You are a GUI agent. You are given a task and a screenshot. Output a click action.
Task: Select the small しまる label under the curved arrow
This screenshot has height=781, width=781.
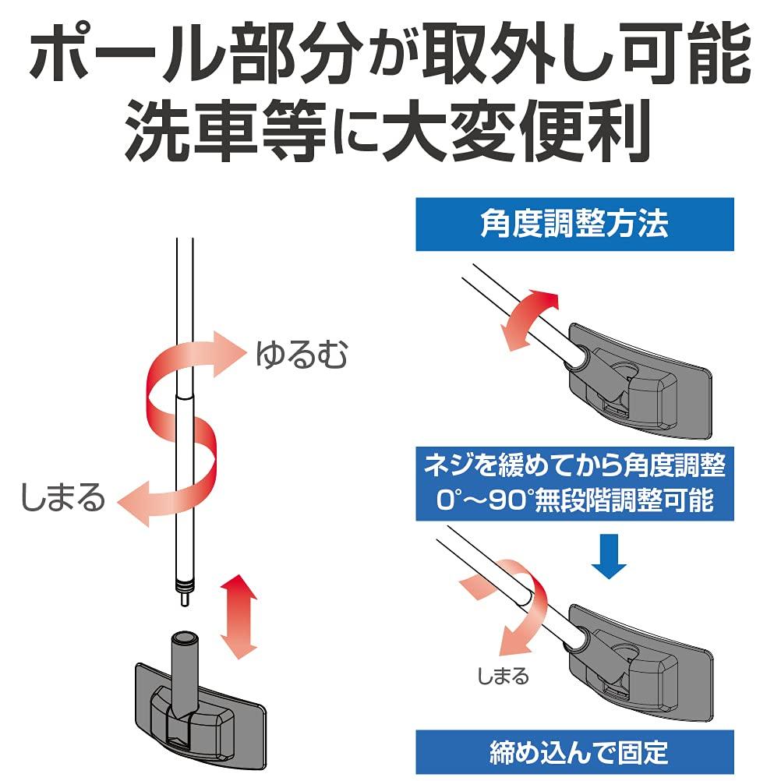502,675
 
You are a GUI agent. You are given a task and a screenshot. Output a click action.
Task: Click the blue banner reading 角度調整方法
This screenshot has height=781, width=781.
574,224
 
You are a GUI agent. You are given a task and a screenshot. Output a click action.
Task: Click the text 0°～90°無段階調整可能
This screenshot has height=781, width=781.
574,500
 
